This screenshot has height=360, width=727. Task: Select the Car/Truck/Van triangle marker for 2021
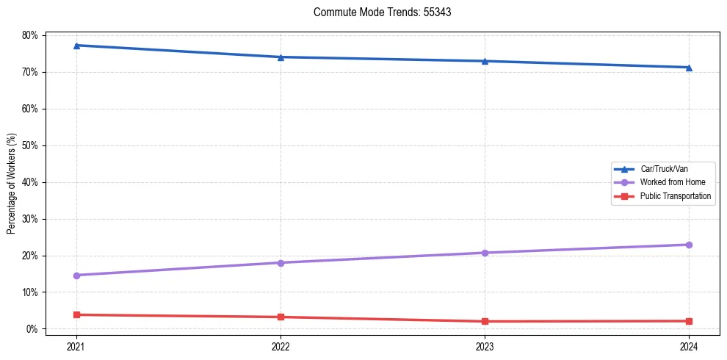click(76, 46)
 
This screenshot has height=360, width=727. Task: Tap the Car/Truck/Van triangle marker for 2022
click(281, 57)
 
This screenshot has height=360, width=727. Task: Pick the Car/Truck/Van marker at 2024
click(689, 68)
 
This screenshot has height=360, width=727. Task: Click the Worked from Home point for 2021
click(76, 276)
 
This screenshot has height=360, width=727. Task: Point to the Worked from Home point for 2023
click(485, 253)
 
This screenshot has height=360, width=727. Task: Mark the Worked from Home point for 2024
click(689, 245)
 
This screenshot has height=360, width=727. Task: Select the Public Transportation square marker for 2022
click(281, 317)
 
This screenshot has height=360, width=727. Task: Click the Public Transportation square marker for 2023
click(485, 322)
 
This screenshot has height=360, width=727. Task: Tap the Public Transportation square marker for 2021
click(76, 315)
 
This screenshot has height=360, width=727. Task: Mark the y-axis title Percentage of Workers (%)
click(12, 184)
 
